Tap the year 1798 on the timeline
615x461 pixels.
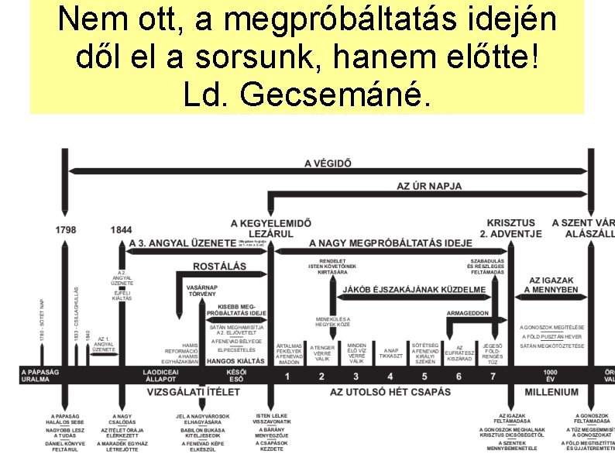coord(66,230)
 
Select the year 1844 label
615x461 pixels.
coord(121,230)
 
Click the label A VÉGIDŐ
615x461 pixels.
coord(328,163)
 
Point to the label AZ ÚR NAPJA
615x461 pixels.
coord(429,186)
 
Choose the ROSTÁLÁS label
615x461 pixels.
coord(220,267)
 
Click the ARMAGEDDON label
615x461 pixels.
coord(468,313)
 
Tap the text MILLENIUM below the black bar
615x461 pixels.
coord(551,392)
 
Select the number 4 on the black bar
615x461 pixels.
coord(356,377)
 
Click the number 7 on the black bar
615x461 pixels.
coord(493,377)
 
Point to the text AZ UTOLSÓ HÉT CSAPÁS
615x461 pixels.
coord(390,392)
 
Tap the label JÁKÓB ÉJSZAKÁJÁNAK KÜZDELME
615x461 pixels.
coord(414,290)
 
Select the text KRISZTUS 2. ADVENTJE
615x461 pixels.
coord(510,228)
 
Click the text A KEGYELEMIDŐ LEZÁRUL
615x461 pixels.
coord(271,228)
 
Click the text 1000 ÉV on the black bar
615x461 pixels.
coord(551,376)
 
